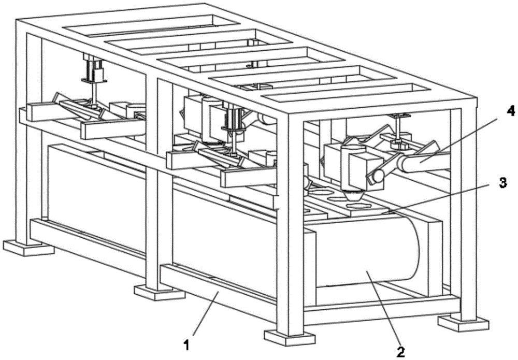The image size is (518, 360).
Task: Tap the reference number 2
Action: coord(400,352)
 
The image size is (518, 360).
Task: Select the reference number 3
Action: coord(501,183)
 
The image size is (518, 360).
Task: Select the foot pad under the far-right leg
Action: coord(463,322)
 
